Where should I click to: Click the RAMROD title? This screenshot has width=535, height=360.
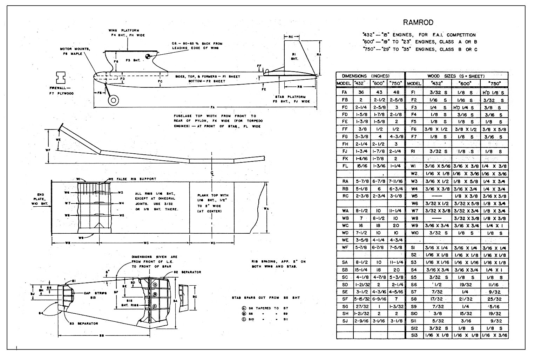(418, 23)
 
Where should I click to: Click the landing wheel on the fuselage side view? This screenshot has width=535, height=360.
(113, 100)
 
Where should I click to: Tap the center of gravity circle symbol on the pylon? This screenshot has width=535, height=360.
(148, 56)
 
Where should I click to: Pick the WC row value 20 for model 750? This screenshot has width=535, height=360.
(396, 226)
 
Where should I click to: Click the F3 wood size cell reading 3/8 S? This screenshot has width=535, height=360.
(494, 107)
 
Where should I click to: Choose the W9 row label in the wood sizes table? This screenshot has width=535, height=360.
(414, 226)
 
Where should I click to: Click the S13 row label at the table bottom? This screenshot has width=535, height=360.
(414, 335)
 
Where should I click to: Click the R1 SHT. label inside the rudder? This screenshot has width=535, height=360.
(295, 56)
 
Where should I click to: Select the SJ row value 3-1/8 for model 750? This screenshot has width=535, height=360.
(396, 321)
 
